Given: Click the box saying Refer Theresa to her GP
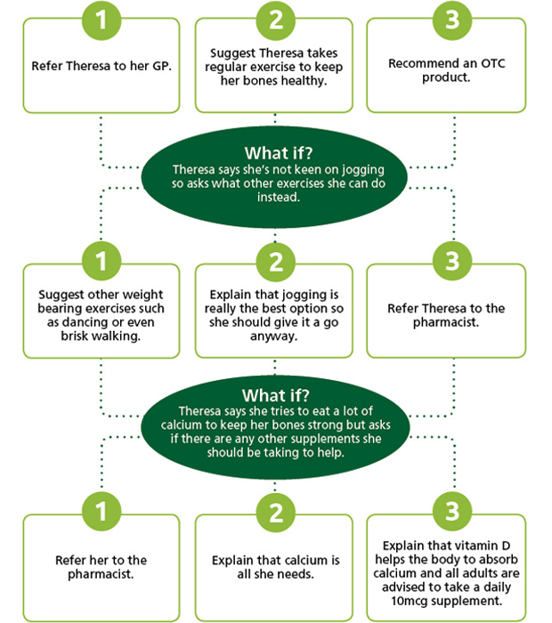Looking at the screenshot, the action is (x=101, y=66).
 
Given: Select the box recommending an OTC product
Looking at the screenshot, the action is (x=446, y=66).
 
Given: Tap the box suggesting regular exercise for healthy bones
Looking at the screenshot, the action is (x=274, y=66).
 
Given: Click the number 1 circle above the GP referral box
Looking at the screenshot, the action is (x=101, y=20).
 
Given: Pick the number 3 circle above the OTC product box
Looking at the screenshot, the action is (x=452, y=20).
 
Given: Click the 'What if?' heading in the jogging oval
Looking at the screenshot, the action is (x=279, y=153).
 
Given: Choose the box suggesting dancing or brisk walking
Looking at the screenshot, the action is (x=101, y=311).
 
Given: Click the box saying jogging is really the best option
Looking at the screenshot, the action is (x=274, y=311).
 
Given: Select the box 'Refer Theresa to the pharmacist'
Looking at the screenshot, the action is (x=446, y=311).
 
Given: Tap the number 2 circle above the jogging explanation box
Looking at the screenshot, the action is (x=276, y=262).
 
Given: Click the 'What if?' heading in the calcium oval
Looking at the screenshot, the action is (x=275, y=395).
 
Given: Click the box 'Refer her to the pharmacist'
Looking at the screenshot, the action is (x=101, y=568).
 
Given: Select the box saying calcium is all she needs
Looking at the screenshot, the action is (x=274, y=568).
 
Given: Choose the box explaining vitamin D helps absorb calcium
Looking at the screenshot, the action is (x=446, y=568).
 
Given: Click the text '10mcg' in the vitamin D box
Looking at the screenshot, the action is (x=410, y=601).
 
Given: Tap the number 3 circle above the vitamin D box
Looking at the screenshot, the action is (x=452, y=512).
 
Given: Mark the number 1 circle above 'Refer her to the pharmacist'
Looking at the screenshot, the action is (x=101, y=512).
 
